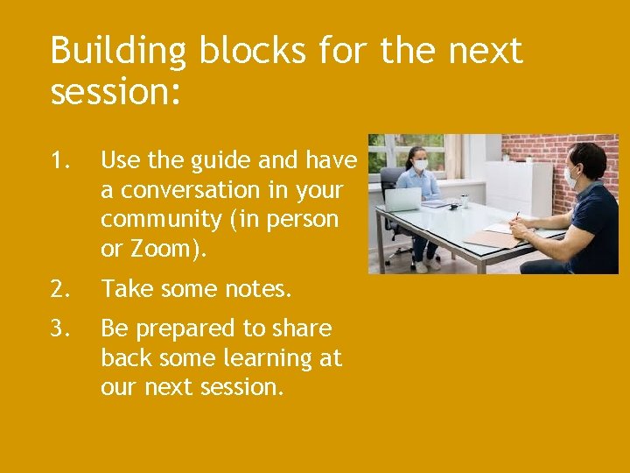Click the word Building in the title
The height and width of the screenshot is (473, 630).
point(118,53)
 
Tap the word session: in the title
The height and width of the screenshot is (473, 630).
point(115,92)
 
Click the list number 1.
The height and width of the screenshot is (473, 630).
point(59,160)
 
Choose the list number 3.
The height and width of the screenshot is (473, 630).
point(59,328)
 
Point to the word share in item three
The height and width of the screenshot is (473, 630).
point(302,328)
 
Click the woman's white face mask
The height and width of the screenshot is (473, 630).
point(420,165)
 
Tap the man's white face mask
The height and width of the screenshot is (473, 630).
point(570,177)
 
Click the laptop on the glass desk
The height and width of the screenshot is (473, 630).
point(402,200)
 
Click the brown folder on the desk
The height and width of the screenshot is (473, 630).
point(490,239)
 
